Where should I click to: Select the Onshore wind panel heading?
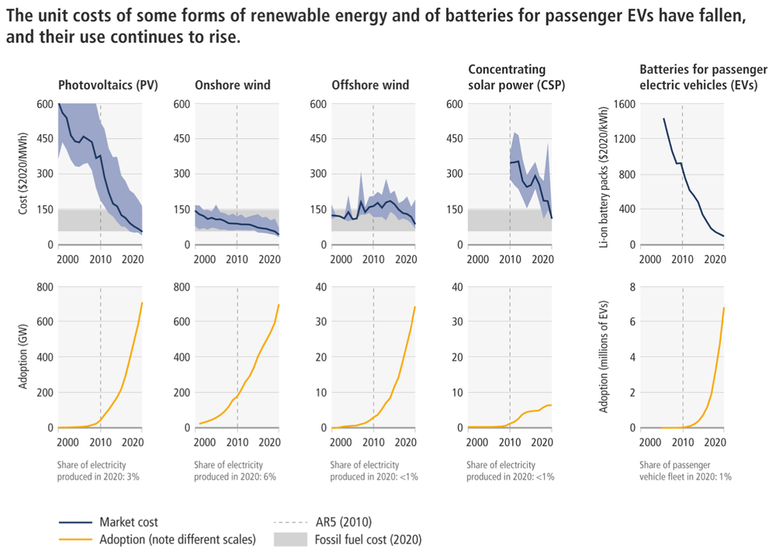pos(234,85)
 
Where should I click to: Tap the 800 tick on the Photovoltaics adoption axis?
pos(45,287)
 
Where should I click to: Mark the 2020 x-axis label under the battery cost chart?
pos(714,258)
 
